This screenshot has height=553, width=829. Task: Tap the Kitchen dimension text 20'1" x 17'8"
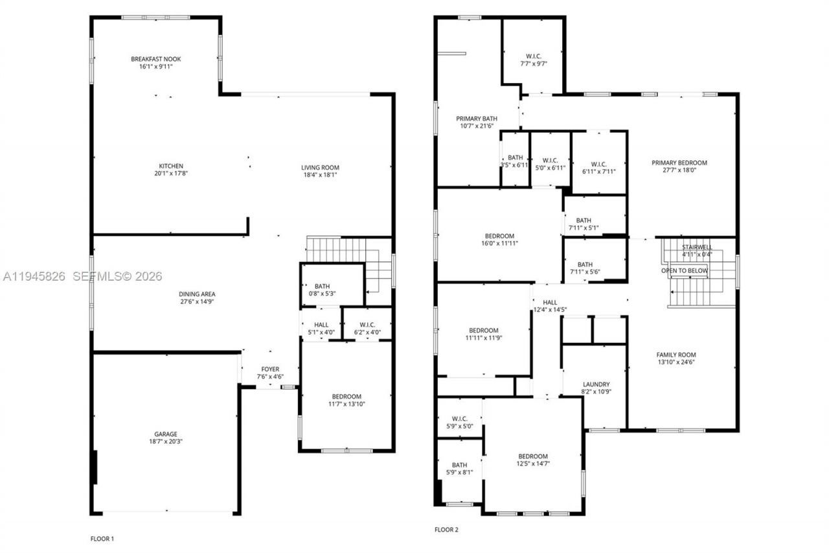tap(171, 174)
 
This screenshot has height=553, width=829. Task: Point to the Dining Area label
tap(198, 294)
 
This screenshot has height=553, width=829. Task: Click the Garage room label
tap(165, 434)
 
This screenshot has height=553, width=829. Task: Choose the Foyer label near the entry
tap(270, 369)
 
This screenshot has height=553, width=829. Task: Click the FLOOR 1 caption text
tap(102, 539)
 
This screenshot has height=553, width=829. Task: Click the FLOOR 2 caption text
tap(446, 530)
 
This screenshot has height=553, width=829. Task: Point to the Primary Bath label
tap(477, 119)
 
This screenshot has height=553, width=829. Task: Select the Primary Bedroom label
tap(679, 163)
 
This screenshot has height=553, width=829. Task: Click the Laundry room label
tap(596, 384)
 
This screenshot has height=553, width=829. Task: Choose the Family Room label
tap(676, 355)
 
